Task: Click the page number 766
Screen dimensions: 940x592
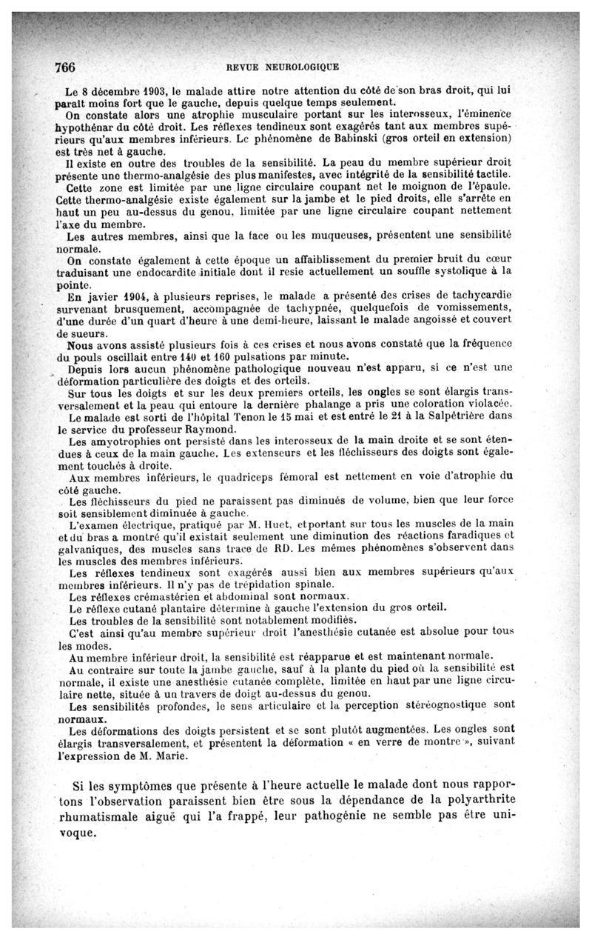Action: (65, 67)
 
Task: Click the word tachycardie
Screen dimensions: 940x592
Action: (479, 296)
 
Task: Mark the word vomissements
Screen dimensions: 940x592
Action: (472, 307)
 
